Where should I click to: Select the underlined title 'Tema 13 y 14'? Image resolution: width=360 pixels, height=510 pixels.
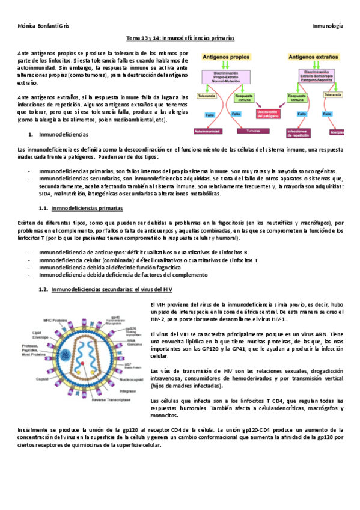(x=180, y=38)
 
